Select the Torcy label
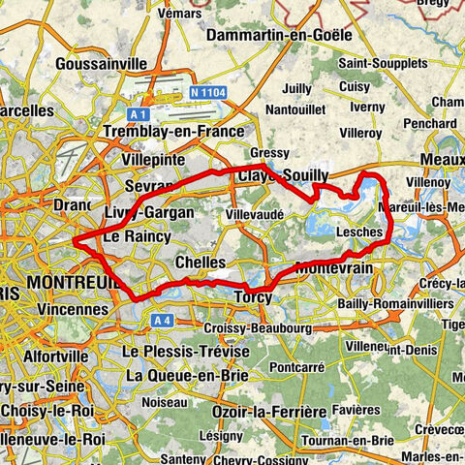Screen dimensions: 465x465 pos(254,295)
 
